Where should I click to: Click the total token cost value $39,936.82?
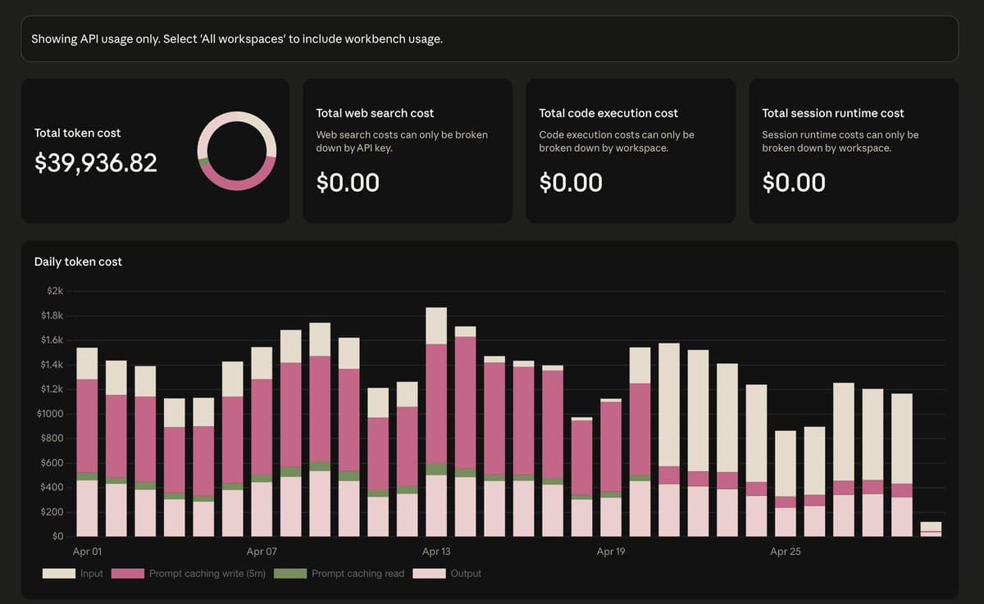pos(96,163)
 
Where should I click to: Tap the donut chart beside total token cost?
pos(237,152)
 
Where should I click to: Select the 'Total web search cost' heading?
pos(375,113)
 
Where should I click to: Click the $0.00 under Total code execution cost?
pos(571,182)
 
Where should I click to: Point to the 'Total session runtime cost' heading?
pos(832,113)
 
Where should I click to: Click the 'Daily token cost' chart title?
pos(78,261)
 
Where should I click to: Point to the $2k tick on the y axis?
pos(53,291)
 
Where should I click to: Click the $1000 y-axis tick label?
pos(50,414)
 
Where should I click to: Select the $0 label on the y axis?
pos(57,536)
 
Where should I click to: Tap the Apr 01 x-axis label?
pos(88,552)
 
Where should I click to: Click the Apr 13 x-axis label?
pos(436,552)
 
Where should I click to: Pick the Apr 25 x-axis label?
pos(785,552)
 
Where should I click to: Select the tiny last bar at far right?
pos(931,529)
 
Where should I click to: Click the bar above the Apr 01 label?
pos(87,443)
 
